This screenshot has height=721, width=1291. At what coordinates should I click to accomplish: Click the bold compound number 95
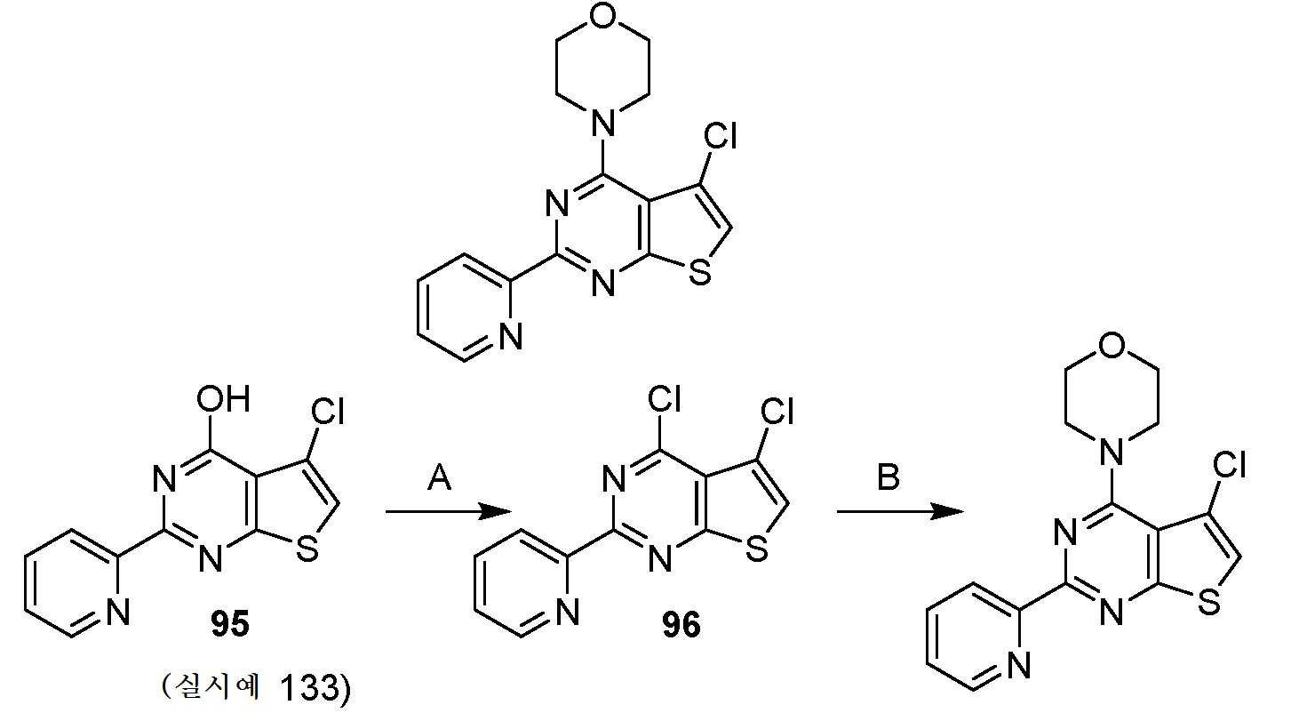point(230,624)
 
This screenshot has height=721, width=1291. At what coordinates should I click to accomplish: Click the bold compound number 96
point(681,625)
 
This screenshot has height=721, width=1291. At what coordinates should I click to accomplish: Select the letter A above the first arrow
point(439,478)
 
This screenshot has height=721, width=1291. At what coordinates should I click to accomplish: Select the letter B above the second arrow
point(889,478)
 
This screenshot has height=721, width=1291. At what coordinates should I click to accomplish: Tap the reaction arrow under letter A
point(449,511)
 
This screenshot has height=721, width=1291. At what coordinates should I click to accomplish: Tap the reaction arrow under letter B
point(900,511)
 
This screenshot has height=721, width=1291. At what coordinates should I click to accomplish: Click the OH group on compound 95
point(223,398)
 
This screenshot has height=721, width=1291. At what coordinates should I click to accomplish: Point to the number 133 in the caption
point(309,687)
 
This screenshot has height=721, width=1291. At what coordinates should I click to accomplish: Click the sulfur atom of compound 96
point(757,549)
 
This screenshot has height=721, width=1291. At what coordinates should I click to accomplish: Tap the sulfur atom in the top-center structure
point(699,274)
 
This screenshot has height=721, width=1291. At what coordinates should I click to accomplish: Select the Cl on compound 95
point(327,412)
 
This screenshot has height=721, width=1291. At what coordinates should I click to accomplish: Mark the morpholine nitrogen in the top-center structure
point(602,123)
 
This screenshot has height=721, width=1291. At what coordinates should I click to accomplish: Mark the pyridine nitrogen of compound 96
point(568,612)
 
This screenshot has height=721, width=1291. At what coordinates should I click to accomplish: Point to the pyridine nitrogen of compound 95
point(117,612)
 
